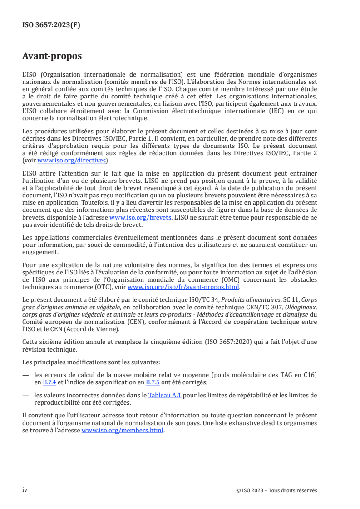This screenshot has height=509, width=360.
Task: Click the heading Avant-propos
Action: [52, 57]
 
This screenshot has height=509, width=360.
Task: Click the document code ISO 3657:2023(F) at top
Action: [51, 25]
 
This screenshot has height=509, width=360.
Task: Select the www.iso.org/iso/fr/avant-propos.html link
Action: [184, 287]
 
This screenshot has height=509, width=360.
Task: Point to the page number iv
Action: [25, 490]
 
